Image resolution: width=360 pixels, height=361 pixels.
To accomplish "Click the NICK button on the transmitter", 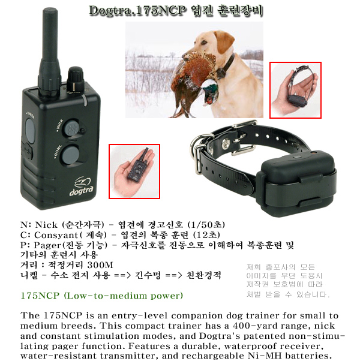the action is (x=72, y=128).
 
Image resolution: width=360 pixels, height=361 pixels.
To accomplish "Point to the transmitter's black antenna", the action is (x=50, y=50).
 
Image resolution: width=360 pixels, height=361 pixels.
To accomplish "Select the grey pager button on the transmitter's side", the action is (x=30, y=131).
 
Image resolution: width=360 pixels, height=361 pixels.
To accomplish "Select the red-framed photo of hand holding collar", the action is (x=296, y=90).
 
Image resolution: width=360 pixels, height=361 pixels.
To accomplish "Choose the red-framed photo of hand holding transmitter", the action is (x=134, y=172).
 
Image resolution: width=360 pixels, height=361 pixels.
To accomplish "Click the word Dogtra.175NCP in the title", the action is (x=137, y=11).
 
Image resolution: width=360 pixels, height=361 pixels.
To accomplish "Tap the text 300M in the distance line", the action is (x=100, y=265).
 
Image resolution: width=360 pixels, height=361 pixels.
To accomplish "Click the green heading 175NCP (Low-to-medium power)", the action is (x=102, y=296).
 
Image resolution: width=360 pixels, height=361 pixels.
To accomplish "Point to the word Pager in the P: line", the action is (x=48, y=245).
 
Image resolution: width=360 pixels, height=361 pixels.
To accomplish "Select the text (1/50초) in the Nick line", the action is (x=206, y=224).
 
